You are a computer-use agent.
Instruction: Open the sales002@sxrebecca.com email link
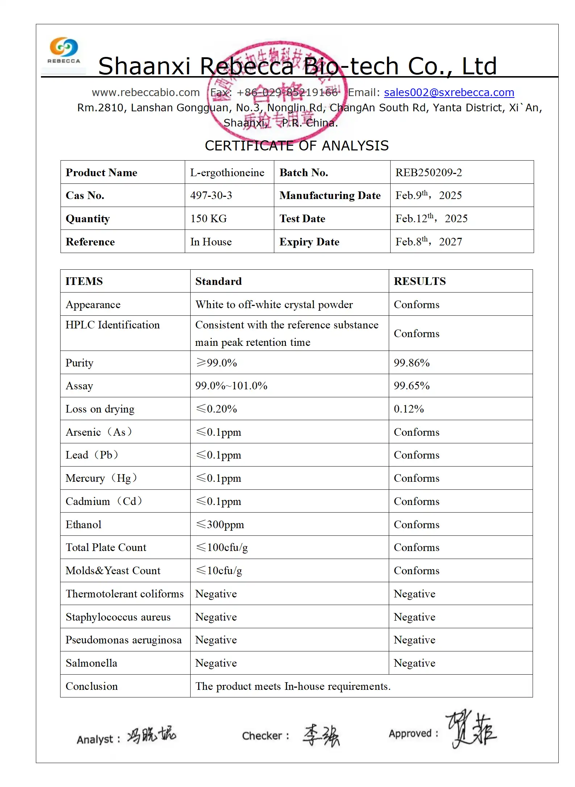(449, 92)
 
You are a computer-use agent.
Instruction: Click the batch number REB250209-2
(429, 173)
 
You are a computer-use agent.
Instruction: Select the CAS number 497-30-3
(211, 195)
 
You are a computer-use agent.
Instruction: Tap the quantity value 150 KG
(209, 219)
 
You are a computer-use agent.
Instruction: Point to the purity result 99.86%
(412, 363)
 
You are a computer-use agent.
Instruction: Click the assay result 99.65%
(412, 386)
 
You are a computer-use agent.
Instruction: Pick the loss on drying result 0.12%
(409, 409)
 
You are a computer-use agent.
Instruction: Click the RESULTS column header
(420, 281)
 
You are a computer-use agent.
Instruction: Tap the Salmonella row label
(91, 663)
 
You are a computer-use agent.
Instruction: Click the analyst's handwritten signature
(152, 735)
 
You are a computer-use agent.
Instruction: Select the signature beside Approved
(471, 729)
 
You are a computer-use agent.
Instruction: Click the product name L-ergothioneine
(227, 173)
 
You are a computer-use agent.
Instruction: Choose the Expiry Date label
(309, 242)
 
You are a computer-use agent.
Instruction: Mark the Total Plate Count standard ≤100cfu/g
(222, 547)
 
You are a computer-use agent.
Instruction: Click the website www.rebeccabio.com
(146, 92)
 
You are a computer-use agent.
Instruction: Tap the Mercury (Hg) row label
(101, 478)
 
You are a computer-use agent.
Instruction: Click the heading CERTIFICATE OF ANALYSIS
(297, 146)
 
